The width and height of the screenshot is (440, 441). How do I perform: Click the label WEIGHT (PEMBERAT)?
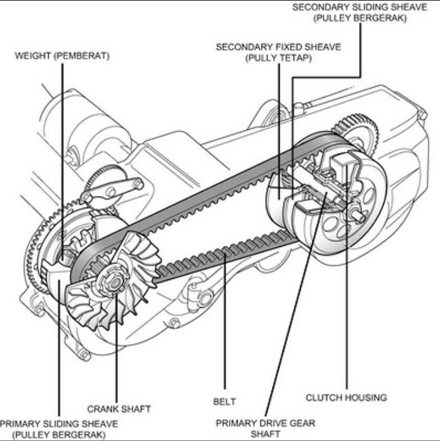(62, 56)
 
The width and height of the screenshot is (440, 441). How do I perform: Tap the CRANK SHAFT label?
(118, 408)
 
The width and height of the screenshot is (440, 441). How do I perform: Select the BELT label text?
(225, 401)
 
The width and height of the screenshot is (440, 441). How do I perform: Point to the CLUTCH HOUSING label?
(346, 397)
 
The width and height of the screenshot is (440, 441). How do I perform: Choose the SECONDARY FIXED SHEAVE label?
(278, 47)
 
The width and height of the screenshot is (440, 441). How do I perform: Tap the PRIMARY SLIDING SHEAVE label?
(59, 424)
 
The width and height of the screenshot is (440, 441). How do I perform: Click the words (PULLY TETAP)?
(278, 58)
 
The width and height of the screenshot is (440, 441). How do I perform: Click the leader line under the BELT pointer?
(225, 332)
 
